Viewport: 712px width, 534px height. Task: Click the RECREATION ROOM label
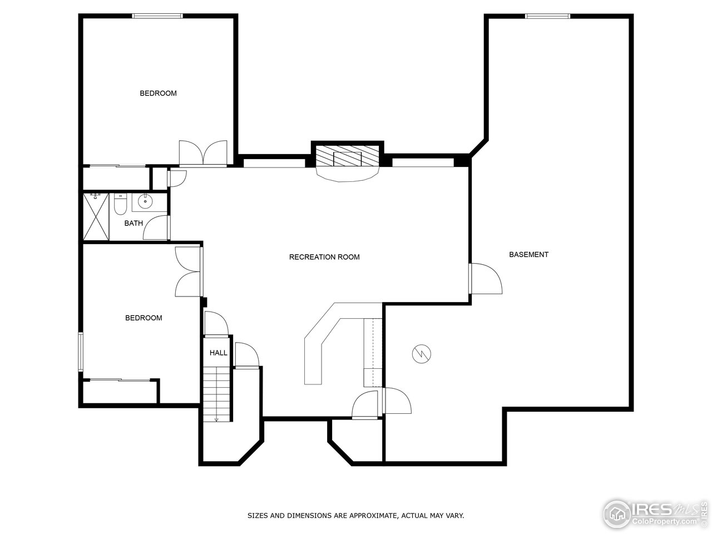point(324,257)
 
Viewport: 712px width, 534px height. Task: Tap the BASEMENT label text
point(528,255)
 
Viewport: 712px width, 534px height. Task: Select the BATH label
point(133,224)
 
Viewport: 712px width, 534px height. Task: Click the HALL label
point(218,353)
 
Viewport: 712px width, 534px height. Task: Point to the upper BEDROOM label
point(158,93)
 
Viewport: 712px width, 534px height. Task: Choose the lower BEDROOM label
point(144,318)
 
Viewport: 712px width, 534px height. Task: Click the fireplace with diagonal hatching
point(347,157)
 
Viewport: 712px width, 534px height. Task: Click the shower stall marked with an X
point(96,216)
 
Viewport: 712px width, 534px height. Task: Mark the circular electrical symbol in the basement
point(421,354)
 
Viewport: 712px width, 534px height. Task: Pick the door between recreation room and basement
point(486,279)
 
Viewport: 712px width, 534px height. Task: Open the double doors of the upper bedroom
point(203,153)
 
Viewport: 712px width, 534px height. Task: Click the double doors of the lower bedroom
point(188,271)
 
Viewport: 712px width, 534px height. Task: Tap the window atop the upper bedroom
point(157,16)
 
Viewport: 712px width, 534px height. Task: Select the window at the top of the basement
point(547,16)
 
